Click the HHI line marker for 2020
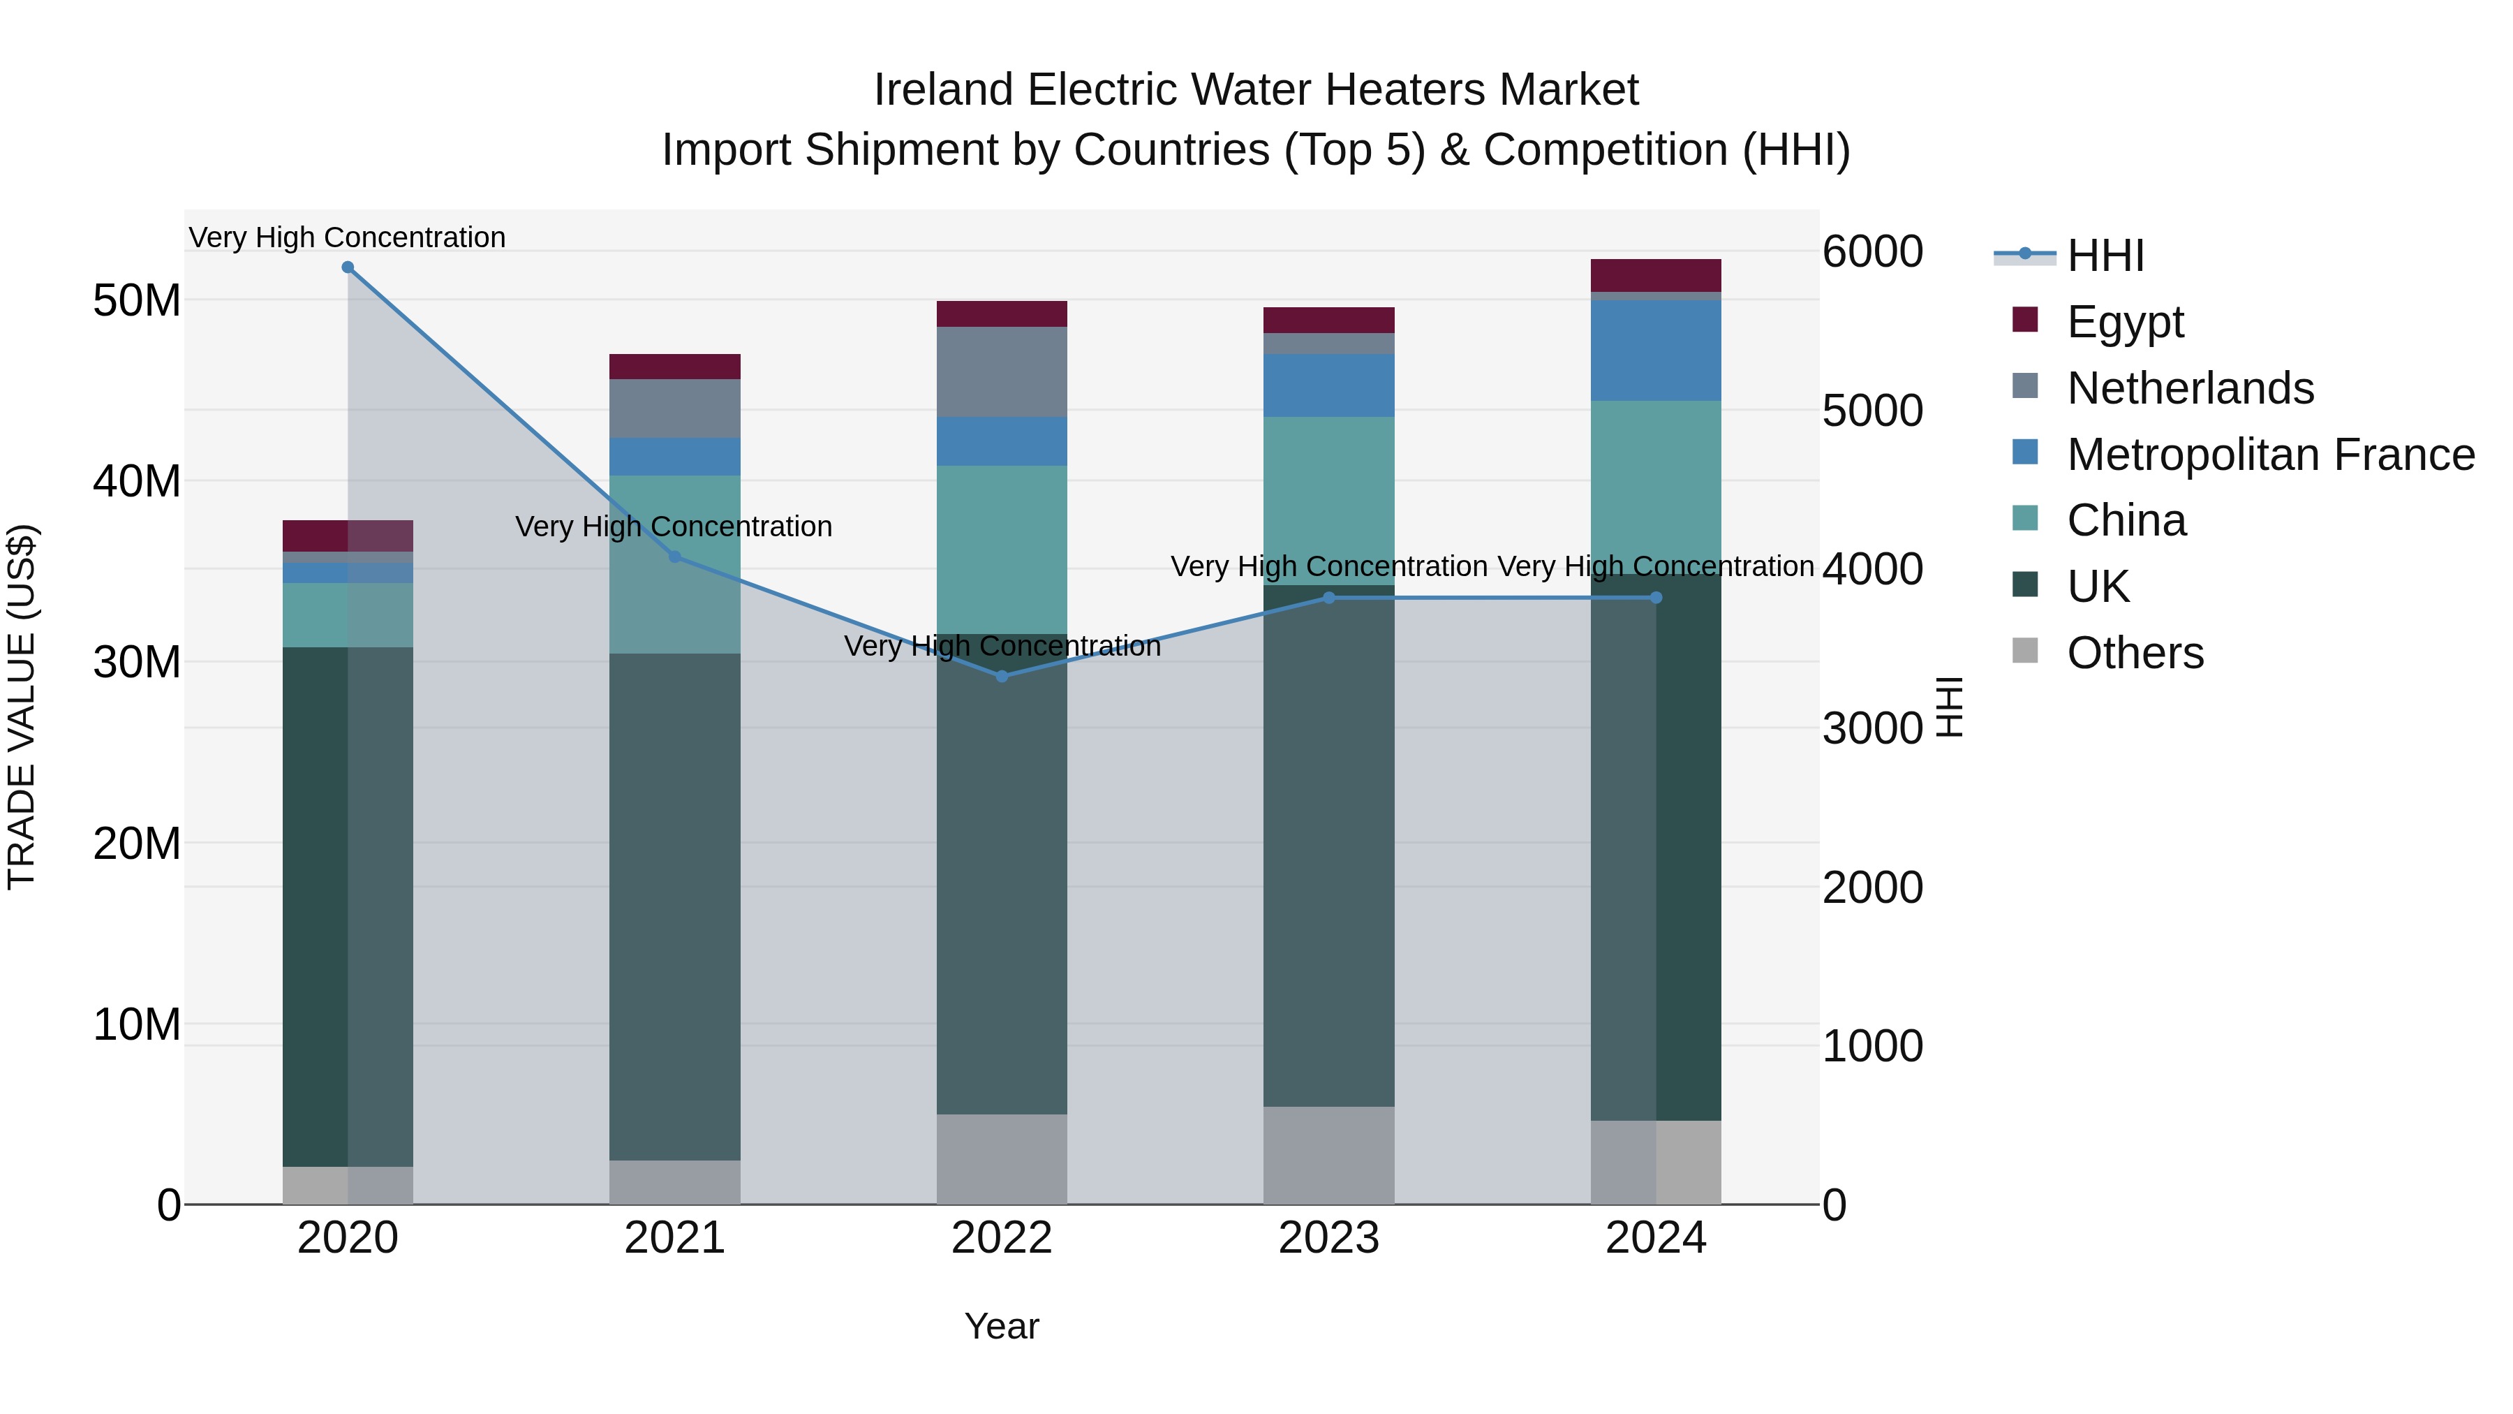(348, 267)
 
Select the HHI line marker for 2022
(1002, 676)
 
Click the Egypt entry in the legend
(2125, 322)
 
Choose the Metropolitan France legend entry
(2270, 455)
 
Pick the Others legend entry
(2135, 653)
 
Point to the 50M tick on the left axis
(137, 300)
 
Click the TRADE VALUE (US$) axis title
(22, 707)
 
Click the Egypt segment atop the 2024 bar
(1656, 275)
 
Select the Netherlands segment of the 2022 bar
(1002, 371)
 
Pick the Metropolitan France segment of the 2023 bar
(1328, 385)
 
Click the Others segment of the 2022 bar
(1002, 1159)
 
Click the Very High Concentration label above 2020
(348, 238)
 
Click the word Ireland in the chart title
(943, 91)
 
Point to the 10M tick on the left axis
(137, 1024)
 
